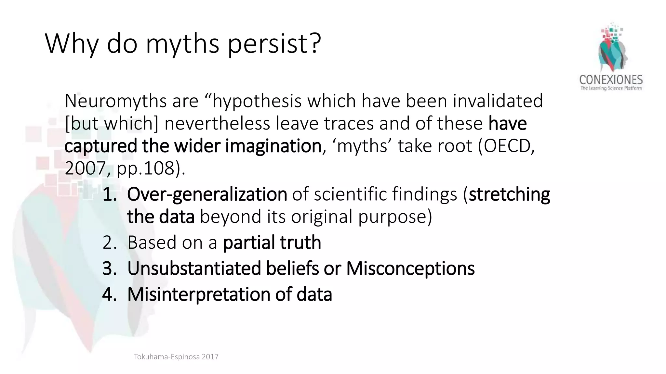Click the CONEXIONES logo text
click(x=611, y=80)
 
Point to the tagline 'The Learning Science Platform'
click(x=611, y=88)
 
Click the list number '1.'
click(x=110, y=194)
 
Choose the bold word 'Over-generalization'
click(x=207, y=194)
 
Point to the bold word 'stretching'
click(x=509, y=194)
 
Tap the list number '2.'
click(x=110, y=243)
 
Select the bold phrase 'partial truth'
click(x=272, y=243)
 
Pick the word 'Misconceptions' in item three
click(x=410, y=268)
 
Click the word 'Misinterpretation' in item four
click(x=198, y=294)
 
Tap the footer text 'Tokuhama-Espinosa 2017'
click(x=176, y=357)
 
